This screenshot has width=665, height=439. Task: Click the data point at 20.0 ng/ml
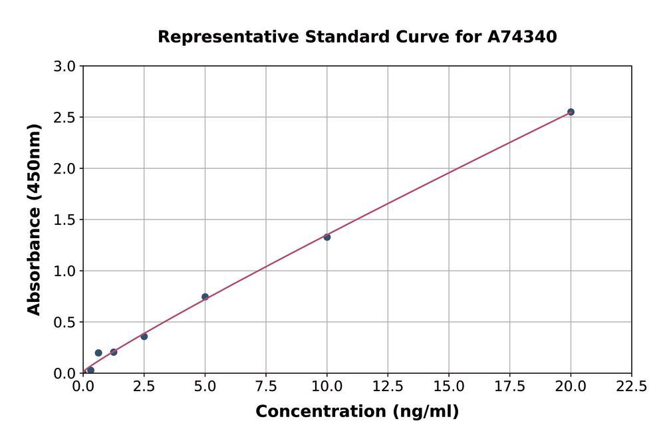point(571,112)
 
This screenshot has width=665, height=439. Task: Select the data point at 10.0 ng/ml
point(327,237)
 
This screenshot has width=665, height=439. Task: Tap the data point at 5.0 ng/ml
point(205,297)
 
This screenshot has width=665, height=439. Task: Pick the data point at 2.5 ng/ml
point(144,337)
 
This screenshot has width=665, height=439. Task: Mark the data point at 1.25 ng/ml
point(114,352)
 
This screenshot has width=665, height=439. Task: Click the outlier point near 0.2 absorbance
point(98,353)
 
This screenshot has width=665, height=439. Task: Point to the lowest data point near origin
point(90,370)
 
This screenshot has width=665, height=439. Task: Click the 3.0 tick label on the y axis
point(65,67)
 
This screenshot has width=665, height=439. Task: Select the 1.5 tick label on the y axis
point(65,220)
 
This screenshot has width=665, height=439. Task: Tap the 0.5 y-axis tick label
point(65,323)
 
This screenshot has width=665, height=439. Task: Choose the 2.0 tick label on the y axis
point(65,169)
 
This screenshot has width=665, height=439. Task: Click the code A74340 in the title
point(522,37)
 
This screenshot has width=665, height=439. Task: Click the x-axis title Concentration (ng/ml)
point(357,412)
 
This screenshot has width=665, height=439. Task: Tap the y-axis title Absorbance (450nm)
point(34,220)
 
